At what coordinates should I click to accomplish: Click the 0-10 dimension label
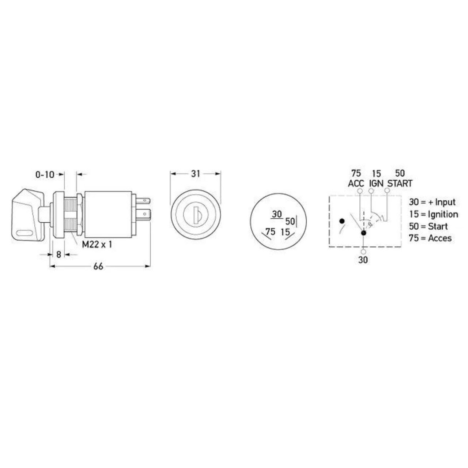click(x=45, y=175)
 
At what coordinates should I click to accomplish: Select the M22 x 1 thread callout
click(x=97, y=244)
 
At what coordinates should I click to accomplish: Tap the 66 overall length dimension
click(x=98, y=267)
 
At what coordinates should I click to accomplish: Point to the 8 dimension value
click(x=58, y=254)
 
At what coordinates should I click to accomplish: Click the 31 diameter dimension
click(x=196, y=174)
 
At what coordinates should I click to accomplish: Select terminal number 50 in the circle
click(x=290, y=221)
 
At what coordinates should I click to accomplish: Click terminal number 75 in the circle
click(x=270, y=231)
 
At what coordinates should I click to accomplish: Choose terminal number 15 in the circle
click(x=285, y=232)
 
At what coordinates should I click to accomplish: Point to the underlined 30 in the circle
click(x=277, y=214)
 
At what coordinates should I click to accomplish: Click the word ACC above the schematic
click(x=356, y=183)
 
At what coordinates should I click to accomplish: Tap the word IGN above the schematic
click(x=376, y=183)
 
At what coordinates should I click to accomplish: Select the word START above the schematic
click(x=400, y=183)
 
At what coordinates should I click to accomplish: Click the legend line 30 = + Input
click(x=432, y=202)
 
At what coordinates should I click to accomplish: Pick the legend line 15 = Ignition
click(x=433, y=214)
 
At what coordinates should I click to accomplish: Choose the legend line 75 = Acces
click(x=430, y=238)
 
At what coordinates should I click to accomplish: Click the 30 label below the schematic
click(x=363, y=260)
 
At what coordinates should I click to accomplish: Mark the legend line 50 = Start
click(x=428, y=226)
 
